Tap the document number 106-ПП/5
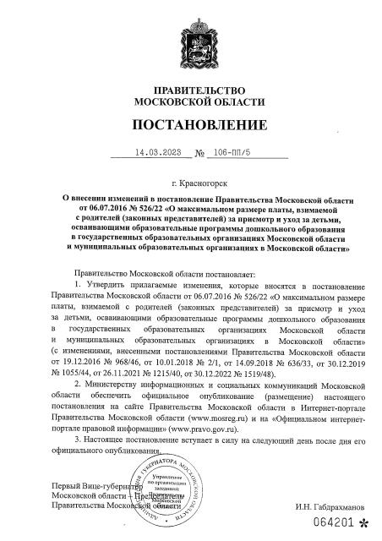(x=232, y=155)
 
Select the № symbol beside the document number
(x=200, y=156)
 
